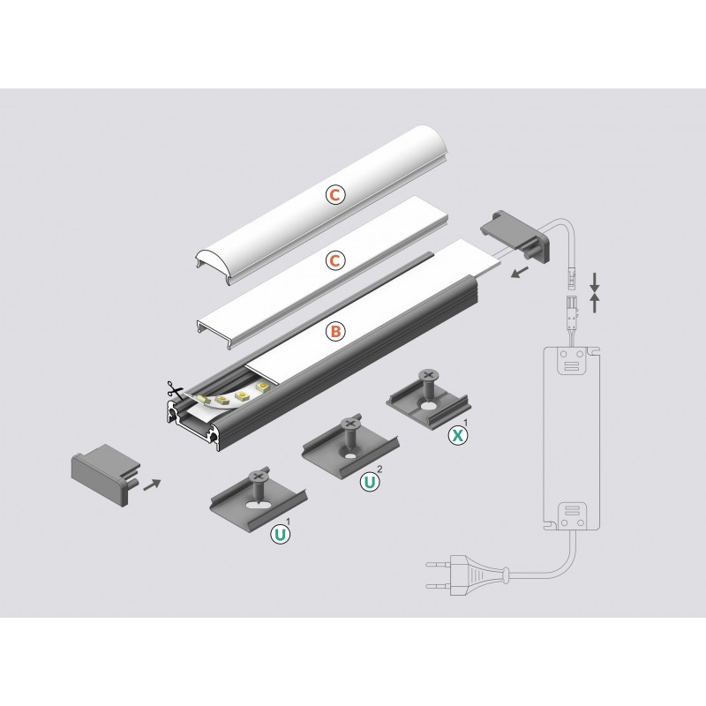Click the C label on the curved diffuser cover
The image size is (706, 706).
[x=335, y=195]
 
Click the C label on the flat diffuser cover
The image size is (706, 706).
[x=335, y=260]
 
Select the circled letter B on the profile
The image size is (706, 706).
[x=335, y=332]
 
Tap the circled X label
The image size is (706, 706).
[x=457, y=435]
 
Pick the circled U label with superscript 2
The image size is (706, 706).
[x=369, y=483]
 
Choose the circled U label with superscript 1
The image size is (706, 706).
[x=280, y=535]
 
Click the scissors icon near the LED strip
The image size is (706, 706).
[x=175, y=390]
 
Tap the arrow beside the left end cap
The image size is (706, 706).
[x=152, y=484]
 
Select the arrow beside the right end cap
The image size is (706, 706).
[x=520, y=272]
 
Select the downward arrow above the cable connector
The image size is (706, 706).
[x=595, y=282]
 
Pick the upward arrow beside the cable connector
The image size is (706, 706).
[x=595, y=303]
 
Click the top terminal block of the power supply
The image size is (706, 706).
[x=572, y=361]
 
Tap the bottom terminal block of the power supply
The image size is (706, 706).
[x=572, y=516]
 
